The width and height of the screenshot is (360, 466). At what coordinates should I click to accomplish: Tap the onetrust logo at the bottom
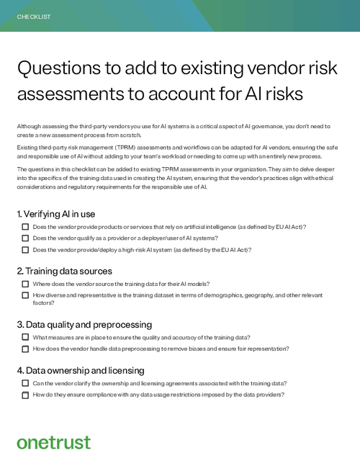[x=53, y=442]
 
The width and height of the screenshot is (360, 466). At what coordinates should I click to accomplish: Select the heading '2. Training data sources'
[x=64, y=271]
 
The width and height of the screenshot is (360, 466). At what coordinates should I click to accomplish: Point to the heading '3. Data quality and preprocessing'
[x=84, y=324]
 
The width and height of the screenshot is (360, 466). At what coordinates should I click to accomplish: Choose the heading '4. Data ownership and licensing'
[x=81, y=370]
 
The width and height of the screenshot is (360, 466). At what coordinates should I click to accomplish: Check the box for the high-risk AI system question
[x=25, y=250]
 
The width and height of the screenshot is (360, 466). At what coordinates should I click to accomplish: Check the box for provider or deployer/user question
[x=25, y=238]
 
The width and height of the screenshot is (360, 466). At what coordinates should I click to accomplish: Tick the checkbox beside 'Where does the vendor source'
[x=25, y=284]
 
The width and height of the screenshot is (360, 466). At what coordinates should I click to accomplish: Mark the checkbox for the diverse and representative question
[x=25, y=295]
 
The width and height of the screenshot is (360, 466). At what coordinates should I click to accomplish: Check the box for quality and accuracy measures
[x=25, y=337]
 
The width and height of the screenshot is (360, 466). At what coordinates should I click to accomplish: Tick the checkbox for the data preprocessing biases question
[x=25, y=349]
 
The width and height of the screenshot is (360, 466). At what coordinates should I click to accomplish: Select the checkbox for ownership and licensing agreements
[x=25, y=383]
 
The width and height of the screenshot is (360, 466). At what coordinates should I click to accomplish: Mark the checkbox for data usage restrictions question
[x=25, y=395]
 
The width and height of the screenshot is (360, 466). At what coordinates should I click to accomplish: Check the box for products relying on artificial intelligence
[x=25, y=227]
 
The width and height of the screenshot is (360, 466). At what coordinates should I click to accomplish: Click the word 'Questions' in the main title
[x=58, y=68]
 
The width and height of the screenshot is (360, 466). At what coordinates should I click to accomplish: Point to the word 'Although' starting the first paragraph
[x=29, y=126]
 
